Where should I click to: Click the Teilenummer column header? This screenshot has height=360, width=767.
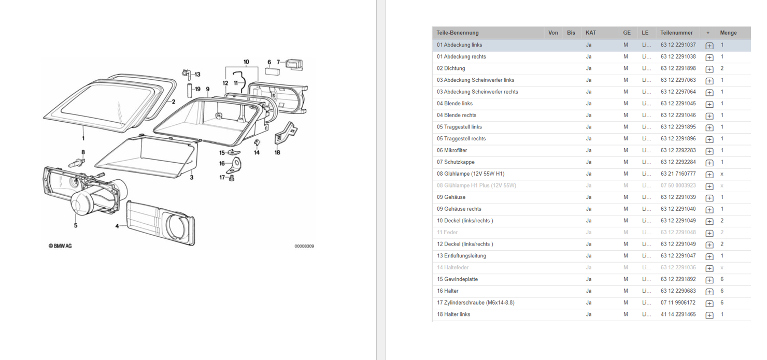tap(676, 33)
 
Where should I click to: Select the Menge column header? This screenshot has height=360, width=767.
tap(728, 33)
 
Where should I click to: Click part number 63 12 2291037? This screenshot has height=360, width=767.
tap(678, 45)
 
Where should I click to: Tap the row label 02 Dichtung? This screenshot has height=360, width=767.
tap(451, 68)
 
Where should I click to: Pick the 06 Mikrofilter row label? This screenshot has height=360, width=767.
tap(452, 150)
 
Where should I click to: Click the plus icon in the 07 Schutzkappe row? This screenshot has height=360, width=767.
tap(709, 163)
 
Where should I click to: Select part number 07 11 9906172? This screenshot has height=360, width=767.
tap(678, 303)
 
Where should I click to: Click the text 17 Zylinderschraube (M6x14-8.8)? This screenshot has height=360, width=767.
tap(475, 303)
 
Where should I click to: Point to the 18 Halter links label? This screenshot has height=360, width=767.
tap(453, 314)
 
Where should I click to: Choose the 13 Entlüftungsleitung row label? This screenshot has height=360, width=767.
tap(461, 256)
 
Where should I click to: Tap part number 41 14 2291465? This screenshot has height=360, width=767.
tap(678, 314)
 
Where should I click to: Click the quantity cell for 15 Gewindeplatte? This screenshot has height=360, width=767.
tap(722, 279)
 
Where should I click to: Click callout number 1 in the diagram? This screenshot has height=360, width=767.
tap(83, 138)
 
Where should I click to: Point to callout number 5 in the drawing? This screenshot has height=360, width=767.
tap(75, 225)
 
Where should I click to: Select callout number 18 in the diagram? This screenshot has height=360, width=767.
tap(277, 152)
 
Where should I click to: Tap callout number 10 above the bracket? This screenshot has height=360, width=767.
tap(246, 62)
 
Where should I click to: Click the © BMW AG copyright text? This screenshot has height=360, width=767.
tap(60, 246)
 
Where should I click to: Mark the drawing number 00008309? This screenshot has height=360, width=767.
tap(304, 246)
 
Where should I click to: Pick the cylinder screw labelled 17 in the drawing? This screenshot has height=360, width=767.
tap(232, 178)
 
